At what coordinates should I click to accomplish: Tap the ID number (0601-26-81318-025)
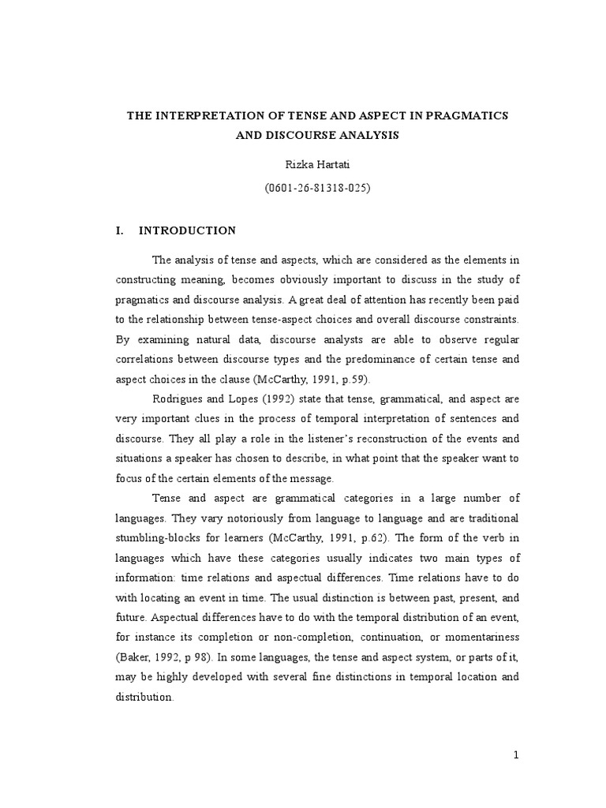pos(318,189)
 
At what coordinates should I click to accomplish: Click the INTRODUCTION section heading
pos(187,230)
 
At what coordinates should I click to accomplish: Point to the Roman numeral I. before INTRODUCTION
pos(120,230)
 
